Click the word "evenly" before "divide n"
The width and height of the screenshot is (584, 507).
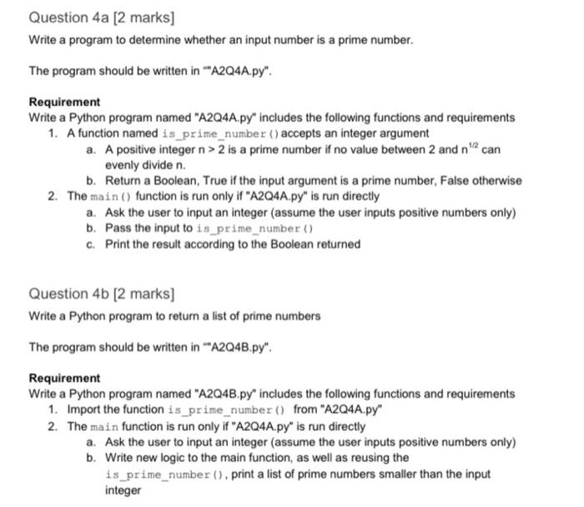click(122, 165)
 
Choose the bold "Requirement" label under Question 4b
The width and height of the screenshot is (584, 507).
click(64, 378)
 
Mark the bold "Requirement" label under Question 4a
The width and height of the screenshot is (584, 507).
click(64, 102)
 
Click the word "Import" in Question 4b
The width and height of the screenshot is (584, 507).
click(85, 409)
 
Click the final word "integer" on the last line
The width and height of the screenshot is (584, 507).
click(123, 490)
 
